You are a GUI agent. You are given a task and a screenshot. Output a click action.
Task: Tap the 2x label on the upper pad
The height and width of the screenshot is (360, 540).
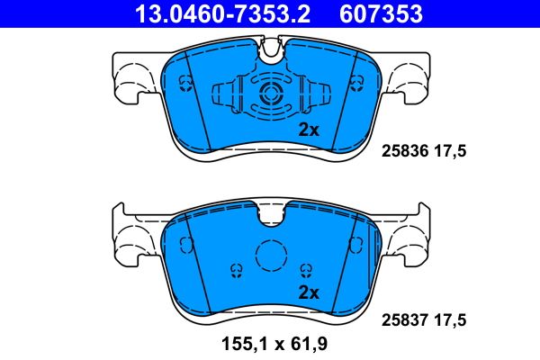click(x=309, y=130)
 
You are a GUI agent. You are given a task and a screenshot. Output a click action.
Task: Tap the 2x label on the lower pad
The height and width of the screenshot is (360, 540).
click(x=309, y=292)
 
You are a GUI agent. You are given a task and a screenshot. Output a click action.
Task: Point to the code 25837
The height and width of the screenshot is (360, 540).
click(x=405, y=317)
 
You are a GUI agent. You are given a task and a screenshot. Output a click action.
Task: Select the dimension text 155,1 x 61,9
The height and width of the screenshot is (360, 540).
click(x=270, y=343)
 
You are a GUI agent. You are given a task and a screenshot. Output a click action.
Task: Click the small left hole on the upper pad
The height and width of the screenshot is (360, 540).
click(x=186, y=84)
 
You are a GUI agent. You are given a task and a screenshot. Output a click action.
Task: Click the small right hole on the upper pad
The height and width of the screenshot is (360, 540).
click(x=355, y=84)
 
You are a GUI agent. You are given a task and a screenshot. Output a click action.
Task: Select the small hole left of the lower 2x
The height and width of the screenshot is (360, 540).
click(x=236, y=269)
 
